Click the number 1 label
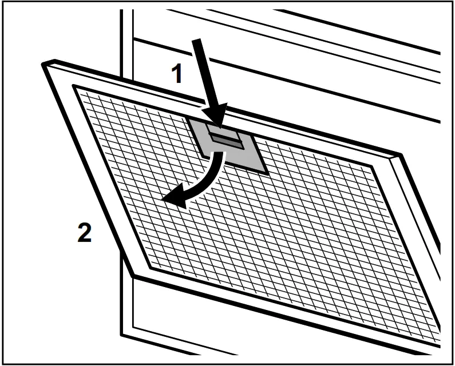click(178, 74)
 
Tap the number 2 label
click(85, 234)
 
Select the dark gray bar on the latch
click(226, 140)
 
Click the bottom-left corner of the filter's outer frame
click(134, 276)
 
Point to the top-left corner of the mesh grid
click(74, 87)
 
